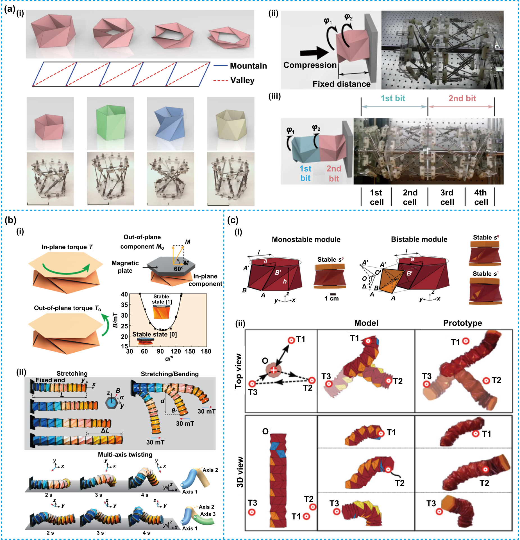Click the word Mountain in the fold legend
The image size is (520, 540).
[x=248, y=66]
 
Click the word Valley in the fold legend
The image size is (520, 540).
[x=242, y=80]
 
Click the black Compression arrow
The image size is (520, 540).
[x=314, y=53]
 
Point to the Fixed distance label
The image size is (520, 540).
[x=341, y=84]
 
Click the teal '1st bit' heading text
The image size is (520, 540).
[x=392, y=98]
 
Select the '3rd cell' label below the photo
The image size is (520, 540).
[x=447, y=197]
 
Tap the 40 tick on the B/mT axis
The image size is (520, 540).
[x=124, y=294]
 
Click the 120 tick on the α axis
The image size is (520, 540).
[x=176, y=351]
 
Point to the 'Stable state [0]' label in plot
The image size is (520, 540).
[x=154, y=334]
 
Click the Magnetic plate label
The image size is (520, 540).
[x=125, y=267]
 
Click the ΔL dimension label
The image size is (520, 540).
[x=105, y=430]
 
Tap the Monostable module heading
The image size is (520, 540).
[x=306, y=239]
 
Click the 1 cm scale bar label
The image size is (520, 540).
[x=331, y=299]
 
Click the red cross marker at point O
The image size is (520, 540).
[x=273, y=370]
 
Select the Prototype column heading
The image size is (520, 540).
[x=462, y=323]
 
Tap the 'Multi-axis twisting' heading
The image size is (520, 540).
[x=125, y=454]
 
